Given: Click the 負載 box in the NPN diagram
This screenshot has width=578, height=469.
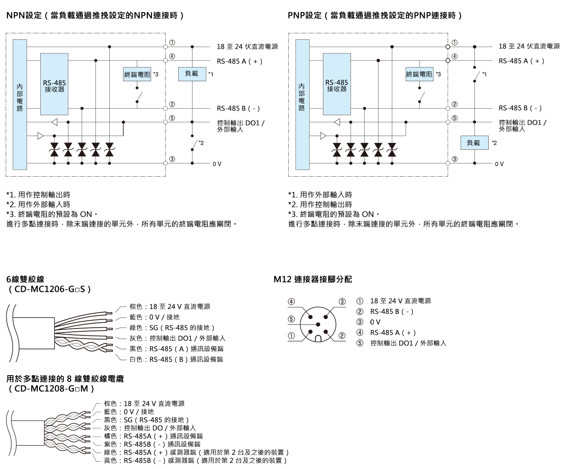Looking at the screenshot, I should pos(192,74).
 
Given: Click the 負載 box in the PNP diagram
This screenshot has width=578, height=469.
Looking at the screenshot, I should pos(474,143).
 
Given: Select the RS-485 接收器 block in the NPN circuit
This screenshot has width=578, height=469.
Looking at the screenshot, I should pos(54,84).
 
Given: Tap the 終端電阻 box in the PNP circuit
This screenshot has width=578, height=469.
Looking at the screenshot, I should pos(419,74).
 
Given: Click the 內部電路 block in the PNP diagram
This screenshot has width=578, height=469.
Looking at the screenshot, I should pos(302,104).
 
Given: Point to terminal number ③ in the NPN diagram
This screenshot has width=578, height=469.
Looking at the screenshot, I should pos(172,159).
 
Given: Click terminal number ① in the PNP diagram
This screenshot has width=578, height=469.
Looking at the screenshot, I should pos(455,42).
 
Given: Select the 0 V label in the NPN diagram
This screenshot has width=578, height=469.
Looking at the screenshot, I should pos(217,164).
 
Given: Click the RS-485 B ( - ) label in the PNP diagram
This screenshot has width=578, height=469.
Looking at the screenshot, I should pos(520,108).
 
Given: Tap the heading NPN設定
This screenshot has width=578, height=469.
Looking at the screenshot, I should pos(24,16).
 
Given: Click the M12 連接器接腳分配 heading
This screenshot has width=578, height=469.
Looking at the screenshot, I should pos(313,279).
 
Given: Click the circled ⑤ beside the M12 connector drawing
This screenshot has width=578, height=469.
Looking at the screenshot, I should pos(291,319).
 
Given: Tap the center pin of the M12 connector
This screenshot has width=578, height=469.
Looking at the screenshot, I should pos(318,324).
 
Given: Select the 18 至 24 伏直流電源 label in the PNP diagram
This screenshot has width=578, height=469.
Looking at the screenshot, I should pos(529,46).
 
